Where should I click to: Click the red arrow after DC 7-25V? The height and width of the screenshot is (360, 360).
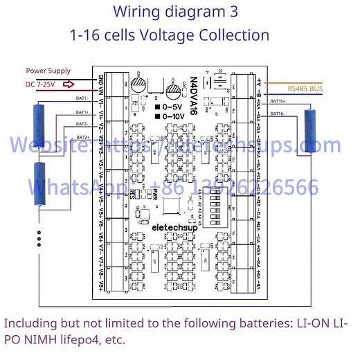click(x=69, y=85)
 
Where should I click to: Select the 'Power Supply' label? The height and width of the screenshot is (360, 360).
click(x=48, y=71)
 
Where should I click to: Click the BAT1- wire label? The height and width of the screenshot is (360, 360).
click(x=82, y=98)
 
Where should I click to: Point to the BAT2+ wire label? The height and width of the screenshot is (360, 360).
click(x=82, y=137)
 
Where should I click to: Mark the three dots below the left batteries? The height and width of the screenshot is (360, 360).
click(x=39, y=237)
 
